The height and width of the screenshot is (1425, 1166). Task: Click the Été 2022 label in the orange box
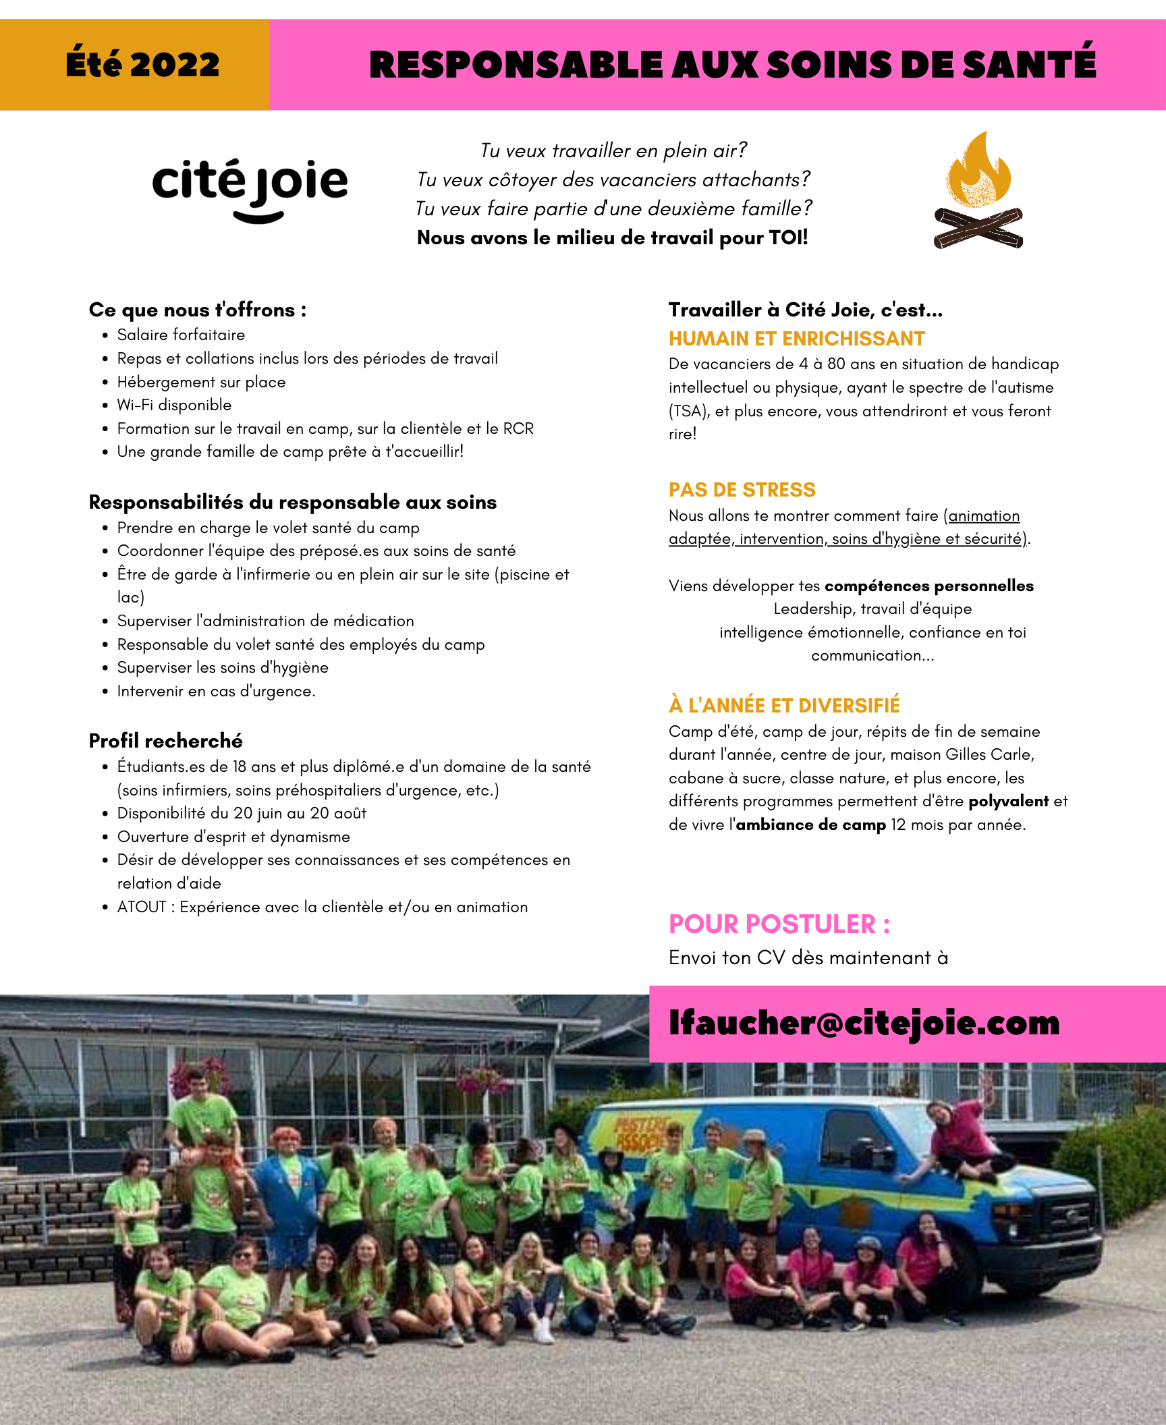pyautogui.click(x=142, y=65)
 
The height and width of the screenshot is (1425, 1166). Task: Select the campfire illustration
pyautogui.click(x=978, y=192)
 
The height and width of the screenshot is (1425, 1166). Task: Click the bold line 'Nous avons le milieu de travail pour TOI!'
pyautogui.click(x=612, y=237)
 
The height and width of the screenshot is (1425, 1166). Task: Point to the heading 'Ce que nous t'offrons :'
pyautogui.click(x=198, y=310)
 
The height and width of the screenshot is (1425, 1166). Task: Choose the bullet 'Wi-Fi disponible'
pyautogui.click(x=174, y=405)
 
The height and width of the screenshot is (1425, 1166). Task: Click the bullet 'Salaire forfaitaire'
pyautogui.click(x=181, y=335)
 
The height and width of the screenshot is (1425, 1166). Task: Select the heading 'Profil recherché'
pyautogui.click(x=165, y=741)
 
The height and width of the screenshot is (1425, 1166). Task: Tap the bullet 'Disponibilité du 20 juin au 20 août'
pyautogui.click(x=242, y=813)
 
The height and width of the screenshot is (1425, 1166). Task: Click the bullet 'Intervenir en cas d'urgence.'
pyautogui.click(x=216, y=691)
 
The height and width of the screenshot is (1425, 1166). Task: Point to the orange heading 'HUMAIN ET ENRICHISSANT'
pyautogui.click(x=796, y=339)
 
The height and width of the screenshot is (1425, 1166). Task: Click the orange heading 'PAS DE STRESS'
pyautogui.click(x=742, y=490)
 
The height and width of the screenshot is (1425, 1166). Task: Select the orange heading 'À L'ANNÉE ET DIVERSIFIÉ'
pyautogui.click(x=783, y=706)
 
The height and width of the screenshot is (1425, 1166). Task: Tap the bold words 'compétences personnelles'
pyautogui.click(x=928, y=586)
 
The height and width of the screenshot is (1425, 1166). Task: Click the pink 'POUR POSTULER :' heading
pyautogui.click(x=779, y=924)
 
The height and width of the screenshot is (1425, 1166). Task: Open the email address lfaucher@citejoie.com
pyautogui.click(x=864, y=1023)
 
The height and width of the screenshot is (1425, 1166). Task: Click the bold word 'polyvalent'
pyautogui.click(x=1008, y=801)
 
